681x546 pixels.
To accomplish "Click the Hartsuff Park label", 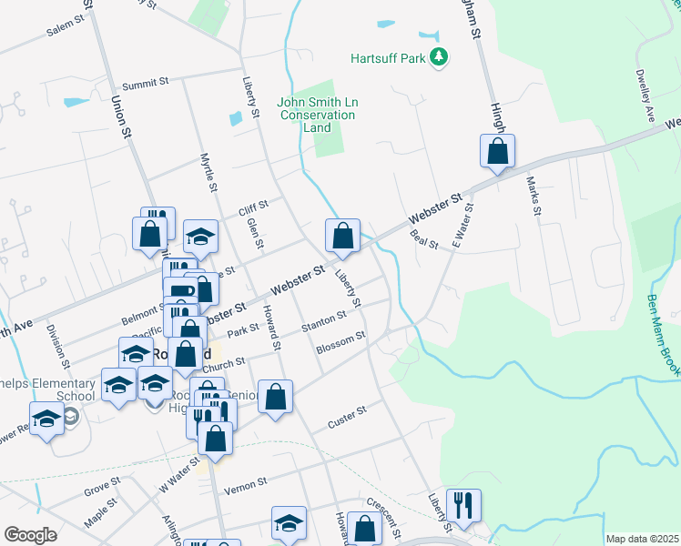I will [x=389, y=58].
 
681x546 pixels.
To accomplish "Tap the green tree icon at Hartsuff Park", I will [x=440, y=57].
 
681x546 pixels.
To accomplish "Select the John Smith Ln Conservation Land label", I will [x=318, y=116].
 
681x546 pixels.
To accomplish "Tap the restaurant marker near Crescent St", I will [x=463, y=505].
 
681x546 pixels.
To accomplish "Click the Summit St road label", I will [x=147, y=82].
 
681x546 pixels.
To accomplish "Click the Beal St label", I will [x=424, y=240].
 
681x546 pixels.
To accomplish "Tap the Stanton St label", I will [x=324, y=321].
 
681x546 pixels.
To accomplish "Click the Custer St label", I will [x=347, y=418].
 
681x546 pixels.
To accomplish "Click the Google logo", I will [x=30, y=534].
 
